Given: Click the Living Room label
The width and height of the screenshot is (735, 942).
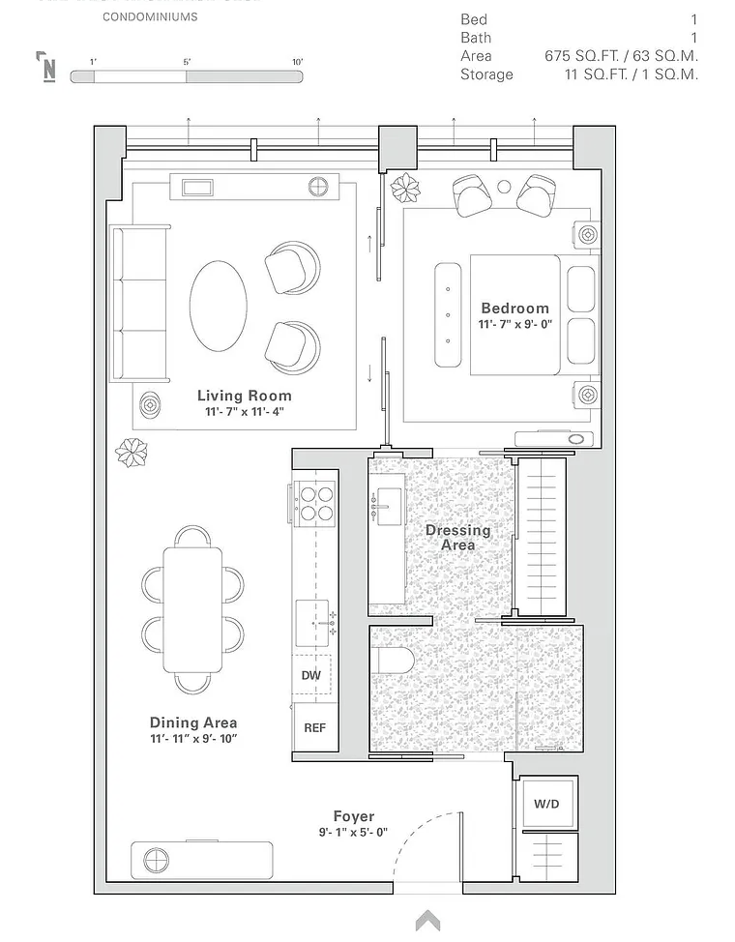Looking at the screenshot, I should coord(244,396).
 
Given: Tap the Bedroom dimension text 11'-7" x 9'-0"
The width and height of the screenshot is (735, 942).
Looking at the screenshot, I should coord(514,325).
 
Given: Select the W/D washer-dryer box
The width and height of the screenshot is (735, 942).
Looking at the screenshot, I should coord(546,804).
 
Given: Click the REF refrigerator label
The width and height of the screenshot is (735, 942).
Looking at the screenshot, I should coord(315,728).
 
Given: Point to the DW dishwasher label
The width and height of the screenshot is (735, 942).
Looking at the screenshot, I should coord(310,675).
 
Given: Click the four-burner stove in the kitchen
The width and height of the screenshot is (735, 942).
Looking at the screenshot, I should coord(315,502).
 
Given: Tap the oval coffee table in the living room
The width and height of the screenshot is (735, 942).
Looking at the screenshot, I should coord(218,306).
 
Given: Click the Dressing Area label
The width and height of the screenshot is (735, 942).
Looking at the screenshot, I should coord(457,538).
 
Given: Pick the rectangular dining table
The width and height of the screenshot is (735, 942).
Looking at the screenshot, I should coord(192,609).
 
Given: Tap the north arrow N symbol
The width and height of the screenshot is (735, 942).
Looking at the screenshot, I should coord(46,67).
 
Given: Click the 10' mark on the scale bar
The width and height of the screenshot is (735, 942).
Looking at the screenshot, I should coord(298,62).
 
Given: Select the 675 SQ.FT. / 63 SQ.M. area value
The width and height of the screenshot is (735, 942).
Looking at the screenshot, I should coord(621,56).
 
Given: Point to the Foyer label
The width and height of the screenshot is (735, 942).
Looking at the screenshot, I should coord(354,816).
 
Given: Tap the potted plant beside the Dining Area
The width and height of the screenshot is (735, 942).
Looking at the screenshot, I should coord(132,452).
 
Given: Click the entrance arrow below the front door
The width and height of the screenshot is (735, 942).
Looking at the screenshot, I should coord(427,921).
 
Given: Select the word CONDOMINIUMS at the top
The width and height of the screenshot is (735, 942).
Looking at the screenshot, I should coord(150,17).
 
